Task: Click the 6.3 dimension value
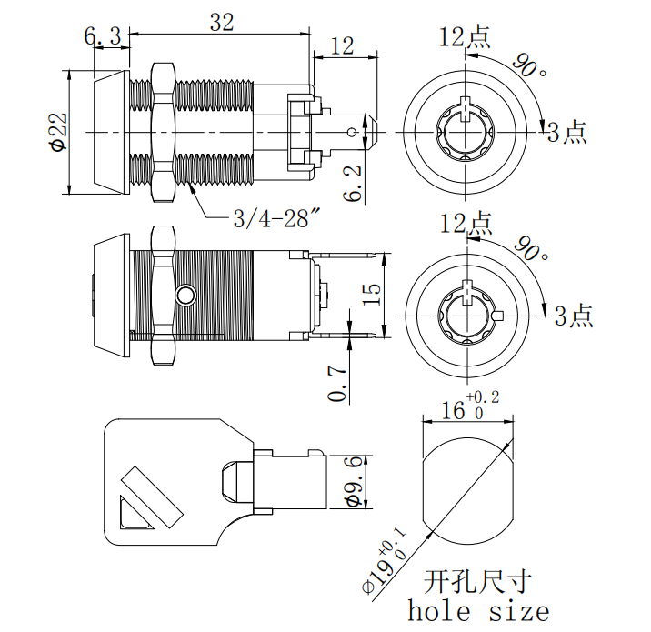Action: [x=103, y=36]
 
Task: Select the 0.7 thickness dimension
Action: [x=337, y=383]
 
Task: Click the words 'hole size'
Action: [x=478, y=610]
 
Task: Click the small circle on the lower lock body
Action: [x=185, y=296]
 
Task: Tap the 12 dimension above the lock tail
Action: [x=342, y=46]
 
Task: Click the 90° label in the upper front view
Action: [x=530, y=66]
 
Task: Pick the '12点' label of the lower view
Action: [x=466, y=222]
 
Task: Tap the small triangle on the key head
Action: [x=132, y=515]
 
